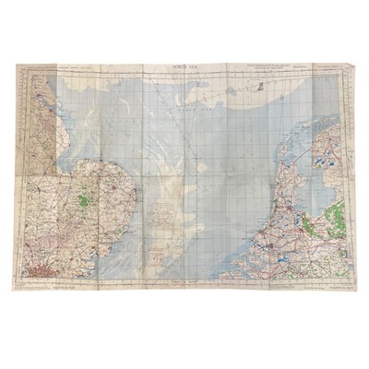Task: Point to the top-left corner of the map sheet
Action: (x=19, y=65)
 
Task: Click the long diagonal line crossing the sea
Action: (x=194, y=166)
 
